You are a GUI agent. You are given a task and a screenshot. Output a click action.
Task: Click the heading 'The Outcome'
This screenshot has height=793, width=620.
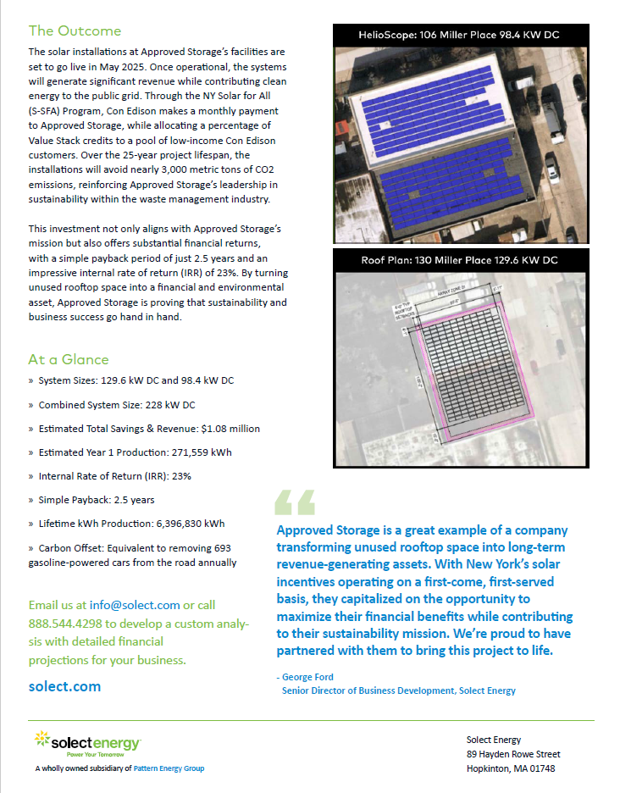click(x=75, y=31)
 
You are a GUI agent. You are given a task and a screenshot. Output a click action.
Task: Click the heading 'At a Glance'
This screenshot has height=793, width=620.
click(x=69, y=359)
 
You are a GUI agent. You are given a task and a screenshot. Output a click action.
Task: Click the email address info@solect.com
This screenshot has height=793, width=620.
click(x=135, y=605)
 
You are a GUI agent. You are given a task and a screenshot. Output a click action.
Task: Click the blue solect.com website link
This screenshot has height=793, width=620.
click(x=64, y=686)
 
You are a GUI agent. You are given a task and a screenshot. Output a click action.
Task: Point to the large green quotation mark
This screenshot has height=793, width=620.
click(x=294, y=502)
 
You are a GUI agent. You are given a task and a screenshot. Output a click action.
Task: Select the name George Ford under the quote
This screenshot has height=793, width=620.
click(x=307, y=677)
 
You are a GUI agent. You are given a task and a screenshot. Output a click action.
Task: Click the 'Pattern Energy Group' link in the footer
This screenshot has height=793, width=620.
click(x=169, y=768)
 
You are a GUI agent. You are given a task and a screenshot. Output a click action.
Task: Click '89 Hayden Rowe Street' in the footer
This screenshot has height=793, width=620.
click(x=513, y=754)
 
